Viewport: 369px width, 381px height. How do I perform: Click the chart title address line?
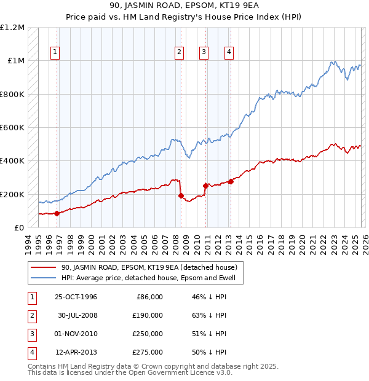pyautogui.click(x=184, y=6)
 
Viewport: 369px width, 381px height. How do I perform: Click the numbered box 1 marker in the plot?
pyautogui.click(x=55, y=53)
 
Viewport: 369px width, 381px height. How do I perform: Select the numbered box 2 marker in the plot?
pyautogui.click(x=179, y=53)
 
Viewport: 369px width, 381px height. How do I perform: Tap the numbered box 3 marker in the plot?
pyautogui.click(x=203, y=53)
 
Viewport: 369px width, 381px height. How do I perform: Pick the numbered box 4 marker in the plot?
pyautogui.click(x=229, y=53)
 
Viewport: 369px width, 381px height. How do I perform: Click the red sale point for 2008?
pyautogui.click(x=181, y=196)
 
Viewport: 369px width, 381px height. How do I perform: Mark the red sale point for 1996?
pyautogui.click(x=57, y=213)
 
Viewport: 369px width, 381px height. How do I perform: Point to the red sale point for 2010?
pyautogui.click(x=205, y=186)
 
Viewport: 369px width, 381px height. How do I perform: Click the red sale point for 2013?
pyautogui.click(x=231, y=181)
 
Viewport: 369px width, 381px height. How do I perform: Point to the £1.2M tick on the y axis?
pyautogui.click(x=12, y=28)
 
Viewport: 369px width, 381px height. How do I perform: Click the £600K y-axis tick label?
pyautogui.click(x=12, y=128)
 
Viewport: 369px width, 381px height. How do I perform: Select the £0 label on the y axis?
pyautogui.click(x=19, y=228)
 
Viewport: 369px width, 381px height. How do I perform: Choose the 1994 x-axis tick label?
pyautogui.click(x=28, y=244)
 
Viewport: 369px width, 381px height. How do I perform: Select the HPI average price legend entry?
pyautogui.click(x=153, y=278)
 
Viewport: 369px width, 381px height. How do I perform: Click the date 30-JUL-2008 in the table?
pyautogui.click(x=76, y=315)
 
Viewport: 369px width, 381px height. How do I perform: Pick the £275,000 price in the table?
pyautogui.click(x=148, y=352)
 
